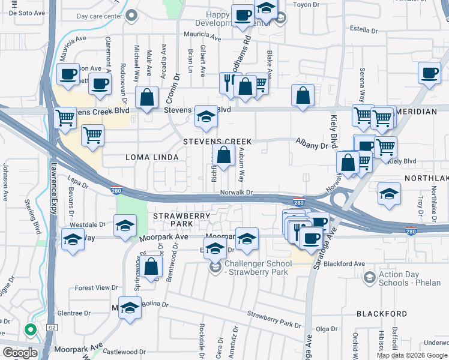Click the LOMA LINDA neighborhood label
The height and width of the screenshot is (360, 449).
point(152,157)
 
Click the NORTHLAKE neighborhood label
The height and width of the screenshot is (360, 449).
point(426,179)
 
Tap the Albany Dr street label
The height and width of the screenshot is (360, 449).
point(312,144)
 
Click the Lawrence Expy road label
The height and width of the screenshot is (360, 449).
point(53,189)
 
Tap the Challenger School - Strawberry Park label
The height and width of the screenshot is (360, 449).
point(256,268)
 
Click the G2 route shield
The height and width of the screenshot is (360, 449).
point(52,328)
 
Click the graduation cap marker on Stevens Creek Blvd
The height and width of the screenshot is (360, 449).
point(206,118)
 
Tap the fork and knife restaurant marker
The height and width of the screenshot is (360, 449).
point(228,83)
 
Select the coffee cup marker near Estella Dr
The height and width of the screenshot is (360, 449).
point(430,73)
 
